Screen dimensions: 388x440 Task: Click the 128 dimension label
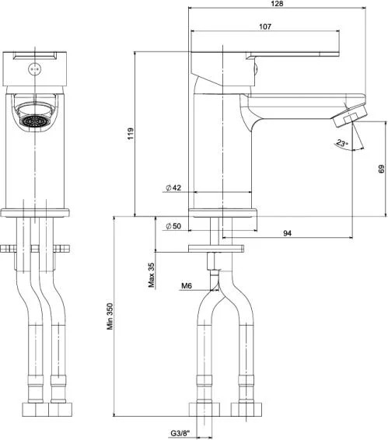[x=277, y=3]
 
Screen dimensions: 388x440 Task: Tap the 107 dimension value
[x=265, y=26]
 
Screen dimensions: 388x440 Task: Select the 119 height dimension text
[x=131, y=134]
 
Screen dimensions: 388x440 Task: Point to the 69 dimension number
[x=381, y=169]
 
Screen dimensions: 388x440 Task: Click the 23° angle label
[x=342, y=143]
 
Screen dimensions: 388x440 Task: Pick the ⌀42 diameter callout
[x=173, y=187]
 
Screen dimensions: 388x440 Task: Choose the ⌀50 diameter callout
[x=173, y=226]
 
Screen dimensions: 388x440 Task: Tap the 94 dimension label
[x=287, y=233]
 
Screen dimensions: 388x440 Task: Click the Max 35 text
[x=152, y=275]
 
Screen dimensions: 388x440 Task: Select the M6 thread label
[x=187, y=285]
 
